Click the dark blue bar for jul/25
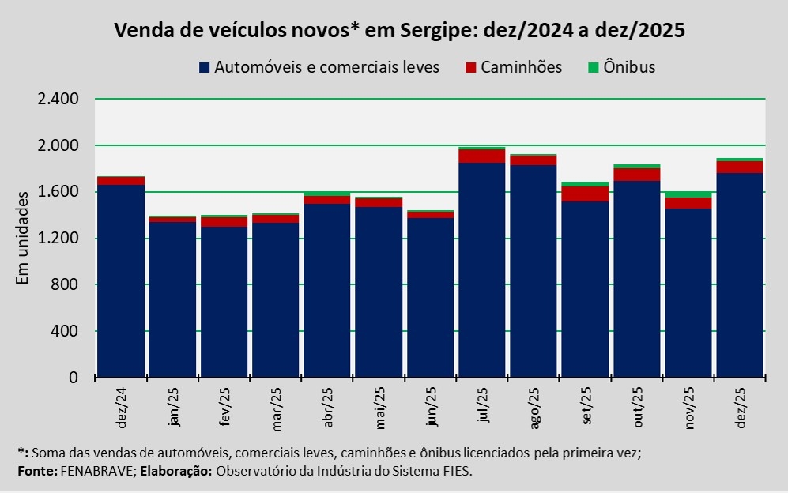tap(481, 269)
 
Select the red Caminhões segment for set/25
tap(584, 194)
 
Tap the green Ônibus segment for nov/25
tap(688, 194)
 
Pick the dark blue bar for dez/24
tap(120, 280)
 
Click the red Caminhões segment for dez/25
tap(739, 167)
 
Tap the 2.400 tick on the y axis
tap(58, 100)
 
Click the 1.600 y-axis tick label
tap(58, 192)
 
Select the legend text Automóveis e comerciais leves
tap(326, 67)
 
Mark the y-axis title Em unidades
tap(23, 236)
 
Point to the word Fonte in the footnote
tap(36, 471)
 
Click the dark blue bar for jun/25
tap(430, 297)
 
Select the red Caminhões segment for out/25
tap(636, 175)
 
